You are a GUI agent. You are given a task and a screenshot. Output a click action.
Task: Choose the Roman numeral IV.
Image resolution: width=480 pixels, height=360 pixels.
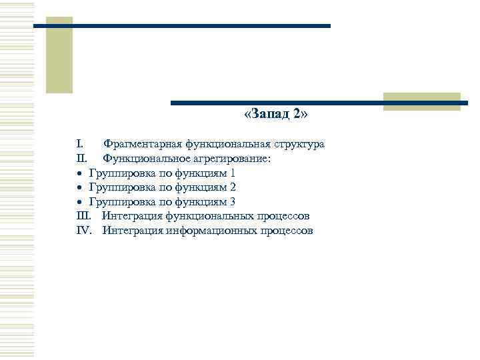coord(84,231)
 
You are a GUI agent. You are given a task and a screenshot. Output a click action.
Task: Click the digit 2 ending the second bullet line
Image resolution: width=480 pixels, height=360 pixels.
coord(233,187)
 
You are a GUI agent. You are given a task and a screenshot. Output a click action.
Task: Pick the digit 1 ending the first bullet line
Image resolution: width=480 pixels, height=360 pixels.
coord(233,173)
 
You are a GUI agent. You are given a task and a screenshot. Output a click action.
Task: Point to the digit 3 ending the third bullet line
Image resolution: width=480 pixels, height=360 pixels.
coord(233,201)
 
